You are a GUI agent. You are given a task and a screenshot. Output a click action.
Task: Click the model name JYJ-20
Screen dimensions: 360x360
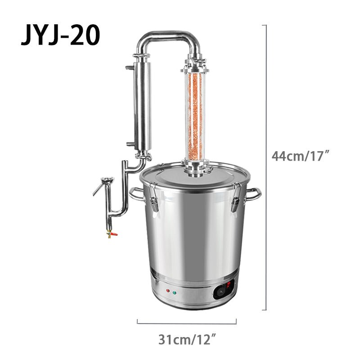pos(60,36)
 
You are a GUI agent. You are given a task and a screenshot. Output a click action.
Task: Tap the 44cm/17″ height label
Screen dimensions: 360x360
pos(301,156)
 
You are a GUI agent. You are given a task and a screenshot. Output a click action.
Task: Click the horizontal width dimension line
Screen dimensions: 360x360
pos(187,323)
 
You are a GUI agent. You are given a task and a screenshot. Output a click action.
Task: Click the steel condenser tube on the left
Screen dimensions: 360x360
pos(143,106)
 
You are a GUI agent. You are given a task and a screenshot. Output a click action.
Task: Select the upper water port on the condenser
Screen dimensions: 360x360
pos(130,67)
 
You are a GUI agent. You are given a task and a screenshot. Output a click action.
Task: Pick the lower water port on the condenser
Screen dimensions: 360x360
pos(130,144)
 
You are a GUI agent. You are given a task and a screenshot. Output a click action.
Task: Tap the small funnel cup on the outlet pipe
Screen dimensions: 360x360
pos(107,181)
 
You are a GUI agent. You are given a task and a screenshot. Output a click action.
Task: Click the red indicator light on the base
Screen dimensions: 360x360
pos(167,291)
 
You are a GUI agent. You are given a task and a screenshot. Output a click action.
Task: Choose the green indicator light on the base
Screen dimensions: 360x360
pos(174,293)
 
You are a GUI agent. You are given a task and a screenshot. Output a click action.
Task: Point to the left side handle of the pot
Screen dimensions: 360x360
pos(136,194)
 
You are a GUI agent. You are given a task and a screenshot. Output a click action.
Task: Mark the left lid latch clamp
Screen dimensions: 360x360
pos(153,198)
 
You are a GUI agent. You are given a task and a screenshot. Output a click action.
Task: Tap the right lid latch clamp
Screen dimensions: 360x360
pos(234,198)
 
